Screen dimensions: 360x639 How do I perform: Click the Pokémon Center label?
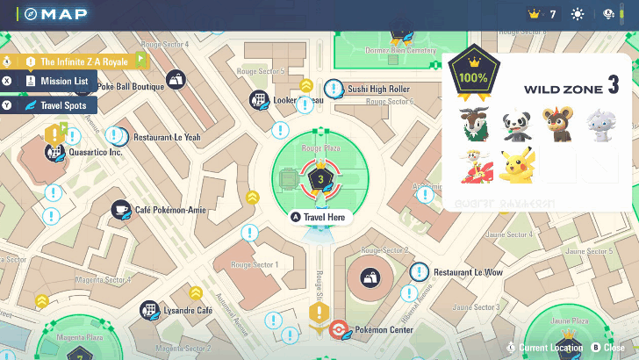click(x=383, y=331)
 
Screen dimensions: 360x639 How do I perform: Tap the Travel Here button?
click(x=321, y=217)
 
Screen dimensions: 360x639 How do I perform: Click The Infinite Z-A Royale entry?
click(x=79, y=61)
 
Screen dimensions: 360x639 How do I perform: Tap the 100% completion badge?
click(x=472, y=78)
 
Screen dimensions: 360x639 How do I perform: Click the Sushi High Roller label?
click(x=378, y=90)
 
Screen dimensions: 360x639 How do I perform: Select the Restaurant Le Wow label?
click(x=468, y=273)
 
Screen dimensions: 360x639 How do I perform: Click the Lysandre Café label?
click(x=188, y=311)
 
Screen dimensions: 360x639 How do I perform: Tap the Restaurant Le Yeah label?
click(x=167, y=138)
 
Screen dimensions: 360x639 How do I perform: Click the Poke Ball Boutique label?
click(x=130, y=87)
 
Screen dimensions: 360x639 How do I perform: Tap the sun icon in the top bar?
click(x=578, y=14)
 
